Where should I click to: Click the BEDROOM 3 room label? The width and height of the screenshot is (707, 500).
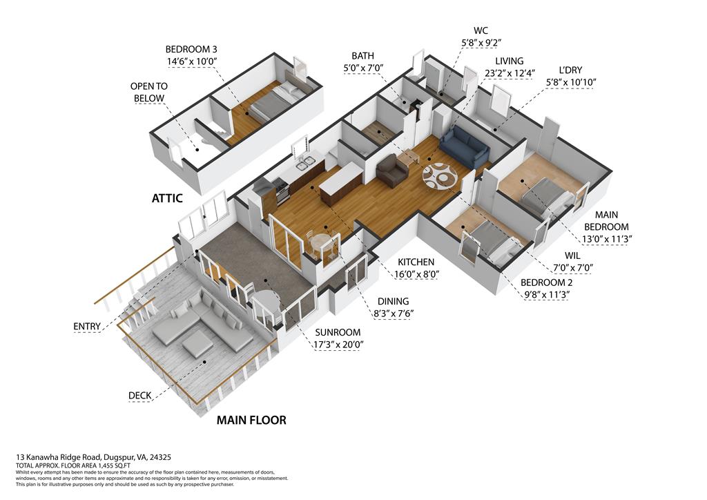tap(191, 49)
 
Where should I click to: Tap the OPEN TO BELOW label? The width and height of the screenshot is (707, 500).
tap(148, 92)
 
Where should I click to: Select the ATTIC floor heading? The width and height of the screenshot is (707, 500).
tap(167, 198)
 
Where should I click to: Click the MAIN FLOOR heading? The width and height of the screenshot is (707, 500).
tap(251, 420)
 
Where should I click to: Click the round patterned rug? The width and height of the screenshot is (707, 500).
tap(440, 175)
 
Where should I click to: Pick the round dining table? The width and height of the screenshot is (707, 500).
tap(322, 242)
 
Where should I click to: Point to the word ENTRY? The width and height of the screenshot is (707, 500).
tap(87, 326)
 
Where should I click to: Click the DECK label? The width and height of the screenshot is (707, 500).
tap(140, 396)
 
